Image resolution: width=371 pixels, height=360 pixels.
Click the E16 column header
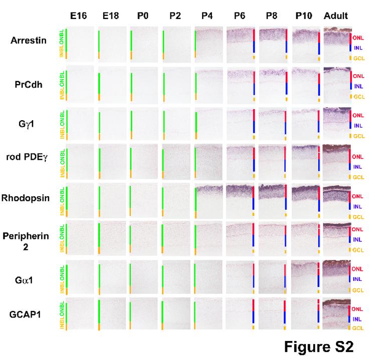tap(79, 16)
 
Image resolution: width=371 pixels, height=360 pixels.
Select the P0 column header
tap(143, 16)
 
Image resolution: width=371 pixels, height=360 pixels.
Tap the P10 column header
tap(304, 16)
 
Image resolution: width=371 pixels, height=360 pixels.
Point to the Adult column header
tap(336, 16)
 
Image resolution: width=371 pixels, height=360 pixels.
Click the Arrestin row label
tap(29, 41)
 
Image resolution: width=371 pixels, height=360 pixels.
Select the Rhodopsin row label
tap(26, 198)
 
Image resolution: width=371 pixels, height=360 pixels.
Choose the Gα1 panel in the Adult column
tap(336, 276)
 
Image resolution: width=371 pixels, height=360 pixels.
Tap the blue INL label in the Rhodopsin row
tap(357, 206)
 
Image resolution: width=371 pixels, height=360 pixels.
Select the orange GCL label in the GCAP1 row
tap(357, 328)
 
